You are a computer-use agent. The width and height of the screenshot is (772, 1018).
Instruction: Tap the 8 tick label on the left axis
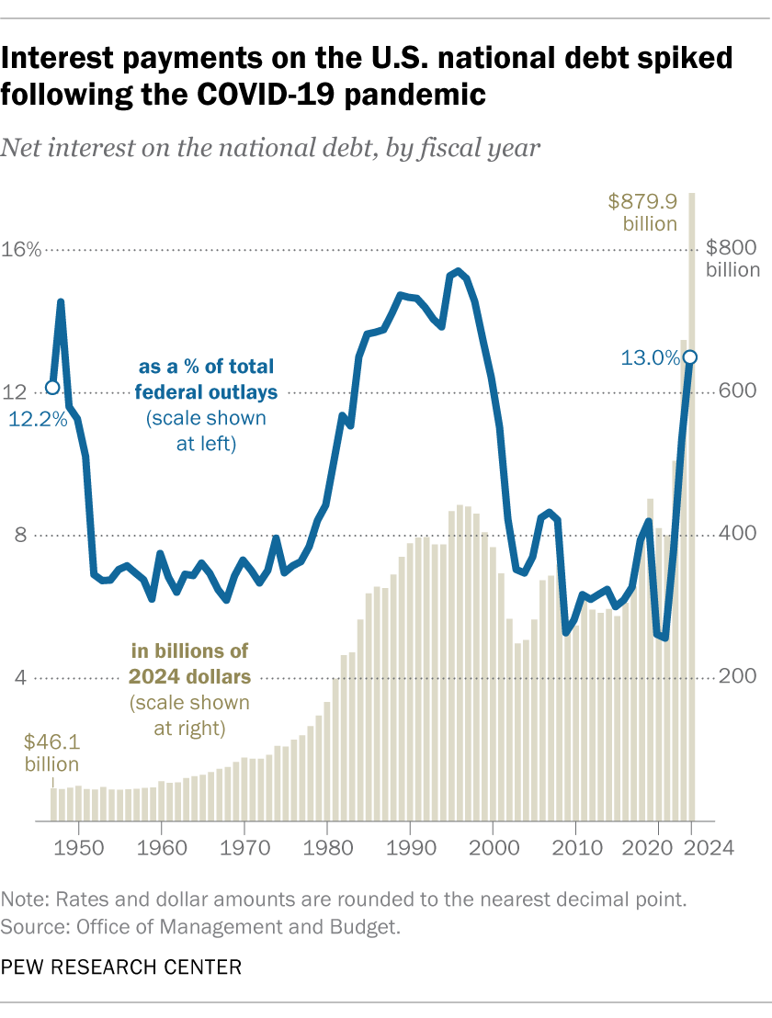(x=23, y=535)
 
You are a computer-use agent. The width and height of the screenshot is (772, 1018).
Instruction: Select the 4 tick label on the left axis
(x=23, y=678)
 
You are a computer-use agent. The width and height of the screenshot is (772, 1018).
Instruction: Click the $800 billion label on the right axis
(x=732, y=258)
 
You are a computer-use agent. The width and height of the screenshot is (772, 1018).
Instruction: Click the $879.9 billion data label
(x=643, y=211)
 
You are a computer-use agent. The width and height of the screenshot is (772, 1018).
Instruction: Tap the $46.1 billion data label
(x=51, y=752)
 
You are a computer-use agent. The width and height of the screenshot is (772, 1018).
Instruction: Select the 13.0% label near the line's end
(x=649, y=358)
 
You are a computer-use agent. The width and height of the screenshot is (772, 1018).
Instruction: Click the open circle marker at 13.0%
(x=690, y=357)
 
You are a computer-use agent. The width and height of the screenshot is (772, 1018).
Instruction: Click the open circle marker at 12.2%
(x=52, y=388)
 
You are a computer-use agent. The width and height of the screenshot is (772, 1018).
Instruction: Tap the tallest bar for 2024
(x=691, y=505)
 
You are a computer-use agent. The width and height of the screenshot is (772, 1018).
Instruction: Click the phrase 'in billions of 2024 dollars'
(x=190, y=664)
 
